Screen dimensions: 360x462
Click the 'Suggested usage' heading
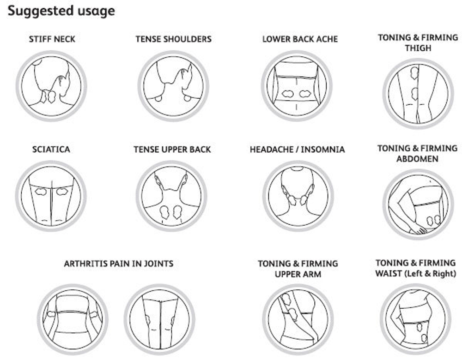[x=61, y=11]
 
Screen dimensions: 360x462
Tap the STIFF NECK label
[x=52, y=39]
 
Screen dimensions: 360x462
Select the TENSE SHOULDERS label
[x=173, y=39]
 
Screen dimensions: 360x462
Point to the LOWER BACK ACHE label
[x=300, y=39]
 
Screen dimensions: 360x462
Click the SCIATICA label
[x=51, y=150]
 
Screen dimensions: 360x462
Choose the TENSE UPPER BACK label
[x=172, y=150]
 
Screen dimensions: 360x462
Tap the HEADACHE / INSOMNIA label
[x=297, y=150]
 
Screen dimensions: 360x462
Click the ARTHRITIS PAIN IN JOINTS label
[x=119, y=264]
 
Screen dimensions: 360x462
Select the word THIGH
[x=417, y=48]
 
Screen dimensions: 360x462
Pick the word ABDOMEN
[x=417, y=159]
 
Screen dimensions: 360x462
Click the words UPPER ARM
[x=298, y=274]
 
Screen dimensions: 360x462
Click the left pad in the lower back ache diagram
[x=289, y=93]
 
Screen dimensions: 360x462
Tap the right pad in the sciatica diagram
[x=61, y=190]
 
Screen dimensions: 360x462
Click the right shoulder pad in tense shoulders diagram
[x=187, y=97]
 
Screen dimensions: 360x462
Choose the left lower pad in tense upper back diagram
[x=164, y=212]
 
